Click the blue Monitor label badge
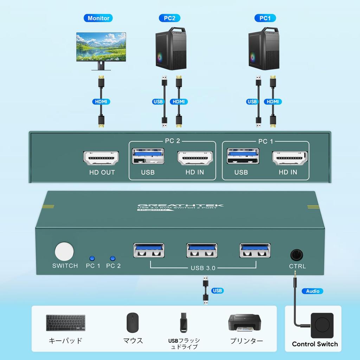click(98, 18)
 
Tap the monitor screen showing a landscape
click(101, 46)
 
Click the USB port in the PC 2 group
click(148, 157)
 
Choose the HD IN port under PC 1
click(290, 158)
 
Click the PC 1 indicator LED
click(92, 258)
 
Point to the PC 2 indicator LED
click(113, 258)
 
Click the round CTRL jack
click(297, 255)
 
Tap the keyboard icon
click(66, 322)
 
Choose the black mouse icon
click(133, 322)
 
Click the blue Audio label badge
click(313, 291)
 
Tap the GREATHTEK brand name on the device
click(180, 206)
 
